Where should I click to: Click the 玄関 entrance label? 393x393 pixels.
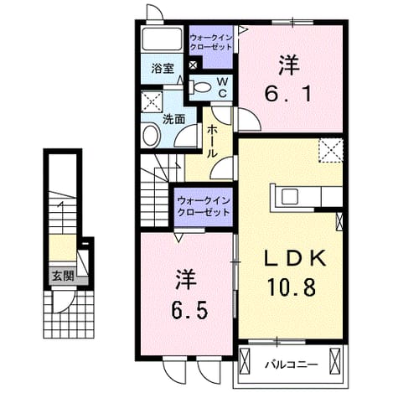[x=63, y=277]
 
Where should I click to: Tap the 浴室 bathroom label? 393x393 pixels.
[x=163, y=69]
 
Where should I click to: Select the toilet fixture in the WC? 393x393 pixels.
[x=199, y=87]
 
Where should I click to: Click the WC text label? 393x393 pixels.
[x=223, y=88]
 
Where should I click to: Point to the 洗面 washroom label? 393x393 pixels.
[x=173, y=119]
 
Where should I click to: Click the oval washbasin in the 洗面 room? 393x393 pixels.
[x=152, y=135]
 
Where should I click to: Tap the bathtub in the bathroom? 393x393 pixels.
[x=162, y=39]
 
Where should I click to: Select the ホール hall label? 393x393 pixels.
[x=212, y=142]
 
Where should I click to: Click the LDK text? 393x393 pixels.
[x=295, y=258]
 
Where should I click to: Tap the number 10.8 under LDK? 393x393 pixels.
[x=292, y=287]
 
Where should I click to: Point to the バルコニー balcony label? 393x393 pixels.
[x=292, y=365]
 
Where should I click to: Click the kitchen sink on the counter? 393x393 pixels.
[x=290, y=196]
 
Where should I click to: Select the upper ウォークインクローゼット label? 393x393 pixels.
[x=211, y=42]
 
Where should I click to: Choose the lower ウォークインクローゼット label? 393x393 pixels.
[x=204, y=206]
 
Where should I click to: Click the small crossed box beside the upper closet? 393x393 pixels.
[x=193, y=65]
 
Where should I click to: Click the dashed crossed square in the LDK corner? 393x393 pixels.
[x=331, y=151]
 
